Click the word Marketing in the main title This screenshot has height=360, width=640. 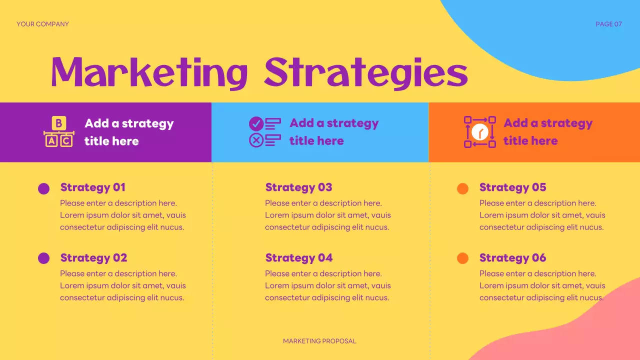click(149, 73)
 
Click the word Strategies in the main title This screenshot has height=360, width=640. click(366, 73)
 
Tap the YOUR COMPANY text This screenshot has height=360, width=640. click(42, 24)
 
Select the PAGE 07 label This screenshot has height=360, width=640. click(608, 24)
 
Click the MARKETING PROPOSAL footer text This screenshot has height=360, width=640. click(319, 341)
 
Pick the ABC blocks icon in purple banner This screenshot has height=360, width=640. click(59, 132)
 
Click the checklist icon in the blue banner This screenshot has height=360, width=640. click(264, 132)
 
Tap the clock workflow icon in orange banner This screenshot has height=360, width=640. click(479, 132)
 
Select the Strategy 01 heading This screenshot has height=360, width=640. click(92, 187)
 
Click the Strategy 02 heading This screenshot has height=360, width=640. click(93, 258)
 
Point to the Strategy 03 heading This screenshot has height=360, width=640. click(298, 187)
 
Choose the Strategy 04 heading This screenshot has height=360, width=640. click(298, 258)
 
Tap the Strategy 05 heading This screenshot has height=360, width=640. click(512, 187)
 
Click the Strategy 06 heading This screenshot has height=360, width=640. click(512, 258)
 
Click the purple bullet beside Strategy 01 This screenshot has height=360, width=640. click(44, 188)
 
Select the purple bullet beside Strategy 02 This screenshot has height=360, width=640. click(44, 258)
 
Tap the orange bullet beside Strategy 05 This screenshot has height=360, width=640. click(462, 188)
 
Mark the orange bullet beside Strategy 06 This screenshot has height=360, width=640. click(462, 258)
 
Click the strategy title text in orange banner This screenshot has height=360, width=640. click(547, 132)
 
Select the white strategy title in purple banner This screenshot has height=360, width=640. click(128, 132)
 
